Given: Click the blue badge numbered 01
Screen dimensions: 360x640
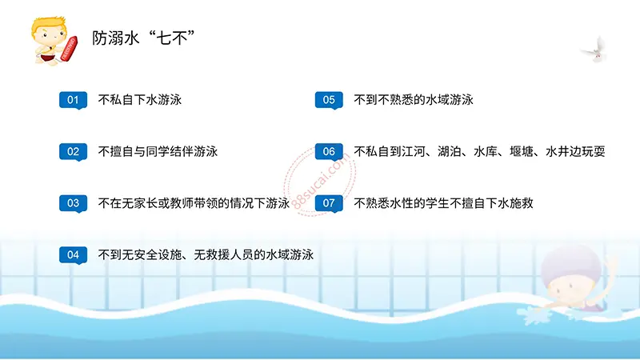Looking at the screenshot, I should tap(73, 100).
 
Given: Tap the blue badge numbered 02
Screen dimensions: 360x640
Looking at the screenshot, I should tap(73, 151).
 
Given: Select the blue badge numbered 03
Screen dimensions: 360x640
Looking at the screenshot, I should tap(73, 203).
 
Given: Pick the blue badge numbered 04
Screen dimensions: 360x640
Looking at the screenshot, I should tap(73, 254).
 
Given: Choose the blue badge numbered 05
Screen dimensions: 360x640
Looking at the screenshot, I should tap(329, 100).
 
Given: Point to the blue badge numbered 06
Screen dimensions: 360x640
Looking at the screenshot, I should tap(329, 151).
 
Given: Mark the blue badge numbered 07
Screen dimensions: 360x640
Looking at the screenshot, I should tap(329, 203).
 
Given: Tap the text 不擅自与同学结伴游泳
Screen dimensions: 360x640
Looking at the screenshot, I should tap(158, 151).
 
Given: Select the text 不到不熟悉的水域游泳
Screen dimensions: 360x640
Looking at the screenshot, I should tap(414, 100).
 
